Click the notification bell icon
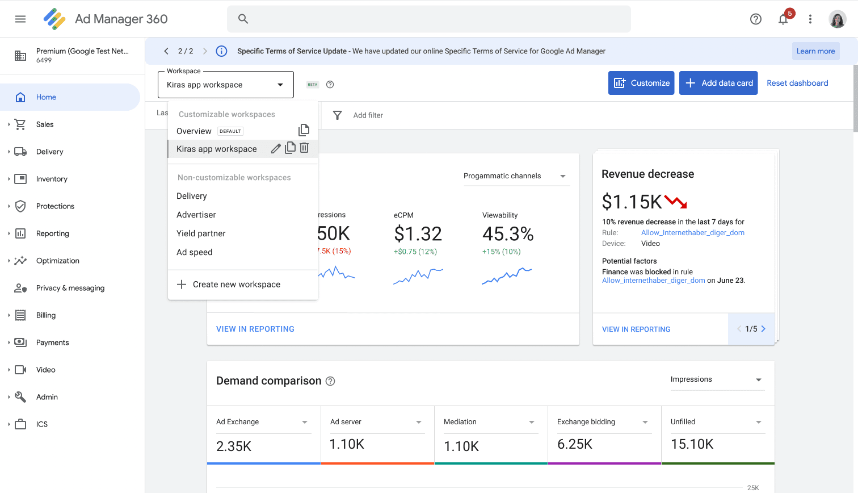pos(783,19)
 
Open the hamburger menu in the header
pos(20,19)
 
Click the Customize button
pos(641,83)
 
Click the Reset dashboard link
pos(797,83)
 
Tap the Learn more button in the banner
pos(815,51)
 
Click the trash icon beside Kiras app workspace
pos(304,148)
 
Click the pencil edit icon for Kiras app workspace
pos(275,148)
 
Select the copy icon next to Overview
pos(304,130)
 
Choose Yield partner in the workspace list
pos(201,233)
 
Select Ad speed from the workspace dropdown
pos(194,252)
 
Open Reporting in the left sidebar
pos(52,233)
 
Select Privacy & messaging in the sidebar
pos(70,288)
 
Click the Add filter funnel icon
pos(337,115)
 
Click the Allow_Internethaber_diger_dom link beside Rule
pos(692,232)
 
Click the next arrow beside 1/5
pos(763,328)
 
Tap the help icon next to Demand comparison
pos(330,381)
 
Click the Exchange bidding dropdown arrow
pos(645,422)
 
